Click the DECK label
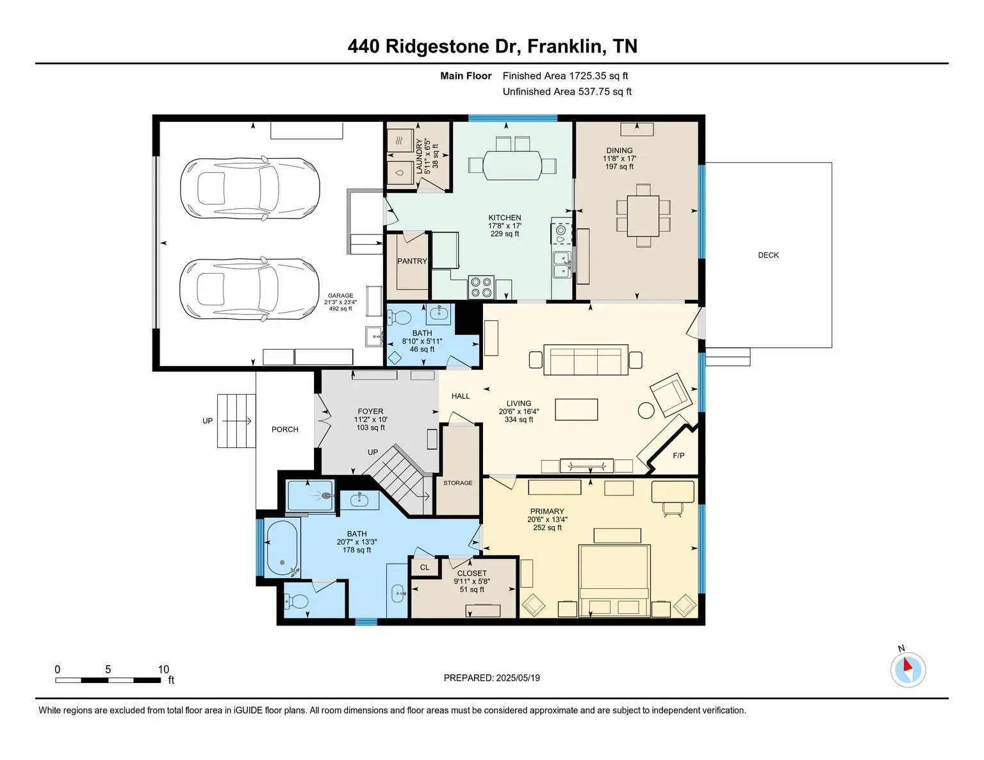click(768, 255)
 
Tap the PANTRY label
click(412, 261)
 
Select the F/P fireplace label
click(678, 456)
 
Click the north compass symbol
click(908, 670)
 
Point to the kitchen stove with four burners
click(480, 286)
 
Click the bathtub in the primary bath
click(282, 548)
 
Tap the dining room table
click(643, 215)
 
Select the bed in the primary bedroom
click(614, 580)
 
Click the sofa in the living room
click(586, 359)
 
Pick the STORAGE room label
click(458, 483)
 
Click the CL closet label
click(424, 567)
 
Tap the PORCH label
click(285, 429)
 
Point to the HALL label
click(461, 396)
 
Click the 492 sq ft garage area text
click(341, 309)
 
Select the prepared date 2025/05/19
click(518, 678)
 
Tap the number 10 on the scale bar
click(163, 670)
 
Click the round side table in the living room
click(646, 410)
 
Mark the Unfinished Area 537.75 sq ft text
click(567, 92)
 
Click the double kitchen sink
click(562, 265)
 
